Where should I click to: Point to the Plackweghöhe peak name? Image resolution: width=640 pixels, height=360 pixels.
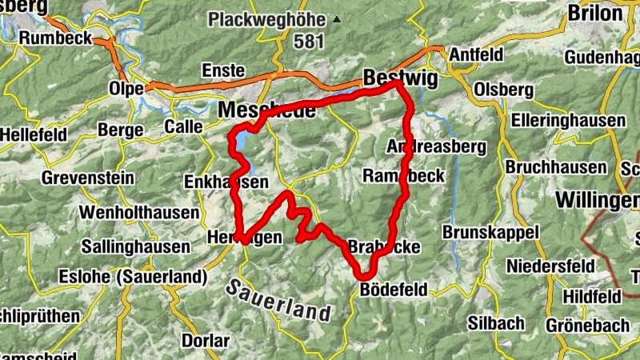point(268,18)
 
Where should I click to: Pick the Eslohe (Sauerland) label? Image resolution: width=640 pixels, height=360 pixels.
point(133,277)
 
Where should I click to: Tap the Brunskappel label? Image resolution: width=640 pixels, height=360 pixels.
point(490,232)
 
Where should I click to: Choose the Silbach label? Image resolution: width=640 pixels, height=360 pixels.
point(496,323)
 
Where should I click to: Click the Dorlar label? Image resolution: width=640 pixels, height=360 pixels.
point(206,341)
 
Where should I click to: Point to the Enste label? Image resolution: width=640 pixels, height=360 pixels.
point(223,70)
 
